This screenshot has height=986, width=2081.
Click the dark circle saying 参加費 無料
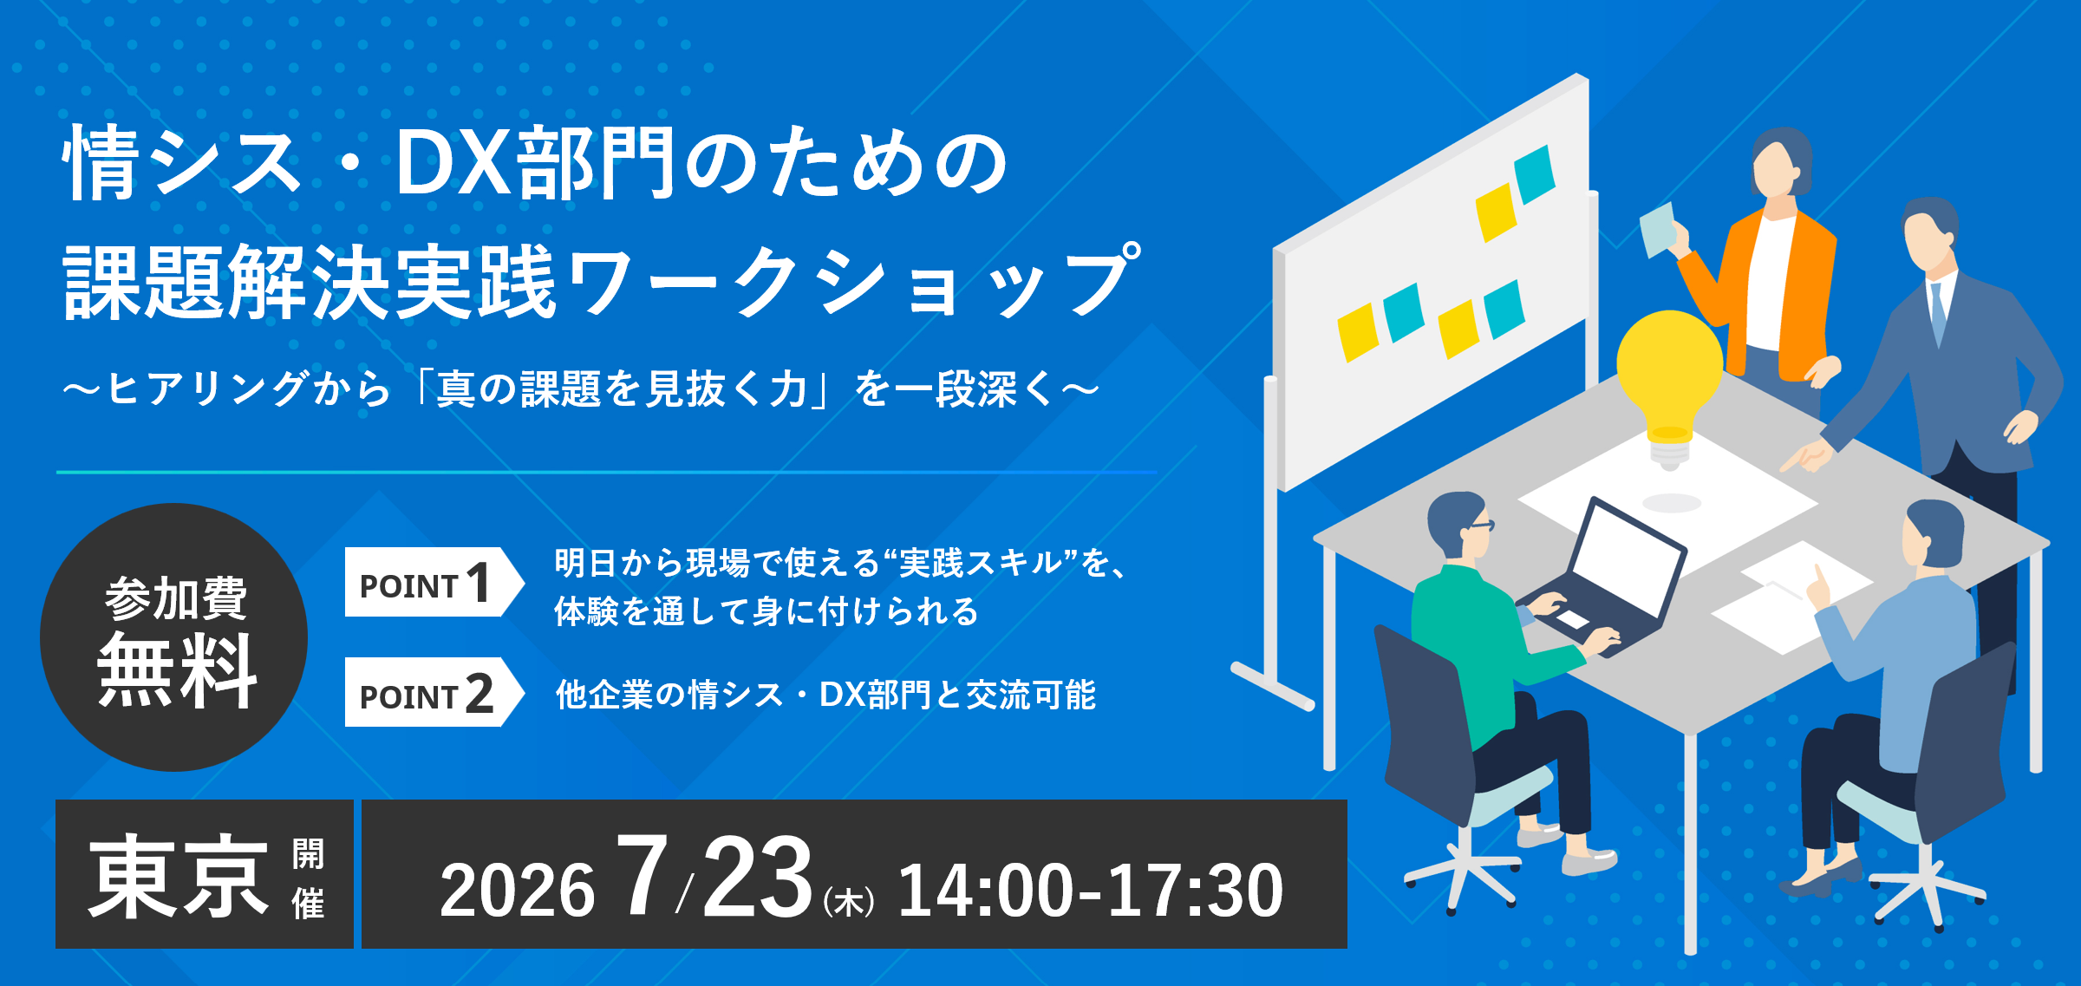[174, 637]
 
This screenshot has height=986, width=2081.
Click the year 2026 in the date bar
[517, 891]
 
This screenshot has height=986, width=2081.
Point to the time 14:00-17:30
[1091, 891]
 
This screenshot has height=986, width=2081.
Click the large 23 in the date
[757, 876]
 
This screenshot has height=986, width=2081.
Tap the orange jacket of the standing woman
[1778, 295]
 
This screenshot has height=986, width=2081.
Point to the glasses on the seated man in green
[1481, 526]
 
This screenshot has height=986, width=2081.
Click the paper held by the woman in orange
[1658, 230]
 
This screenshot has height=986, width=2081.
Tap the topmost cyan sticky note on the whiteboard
[1535, 174]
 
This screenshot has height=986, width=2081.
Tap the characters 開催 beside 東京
[309, 878]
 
